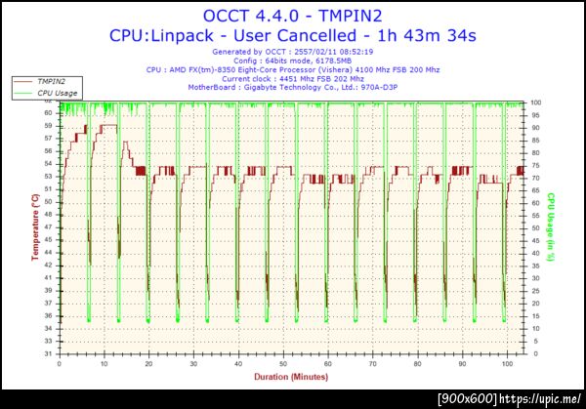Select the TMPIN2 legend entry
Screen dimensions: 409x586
[53, 82]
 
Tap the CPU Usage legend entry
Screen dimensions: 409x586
[58, 94]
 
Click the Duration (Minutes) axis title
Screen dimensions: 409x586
[292, 375]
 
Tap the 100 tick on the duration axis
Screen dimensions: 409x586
[506, 363]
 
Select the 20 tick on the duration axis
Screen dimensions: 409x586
[148, 363]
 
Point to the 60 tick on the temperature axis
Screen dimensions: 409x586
[49, 112]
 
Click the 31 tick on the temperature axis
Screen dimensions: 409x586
[49, 354]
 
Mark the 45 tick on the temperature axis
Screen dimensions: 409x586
[49, 237]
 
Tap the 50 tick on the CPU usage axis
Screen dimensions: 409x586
[535, 228]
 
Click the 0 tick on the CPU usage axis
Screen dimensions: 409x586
[533, 354]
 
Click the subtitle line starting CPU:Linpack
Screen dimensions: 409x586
[294, 35]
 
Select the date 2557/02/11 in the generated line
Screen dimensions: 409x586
[333, 52]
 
